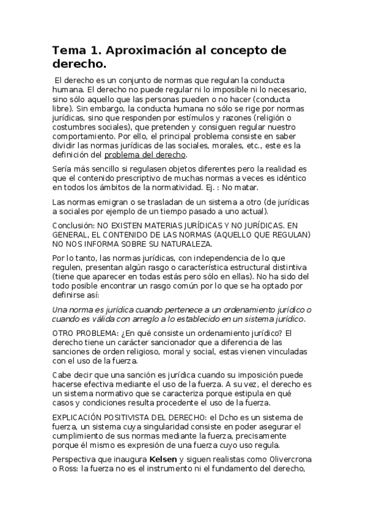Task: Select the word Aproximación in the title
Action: tap(142, 51)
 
